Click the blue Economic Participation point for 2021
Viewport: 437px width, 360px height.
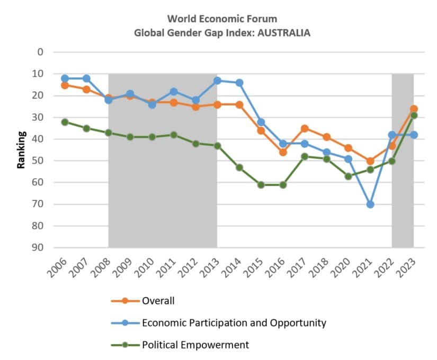pyautogui.click(x=370, y=204)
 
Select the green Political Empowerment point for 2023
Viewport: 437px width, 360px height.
pyautogui.click(x=414, y=115)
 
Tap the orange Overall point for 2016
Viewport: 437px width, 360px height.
pyautogui.click(x=283, y=152)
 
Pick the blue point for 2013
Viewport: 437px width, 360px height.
pyautogui.click(x=217, y=81)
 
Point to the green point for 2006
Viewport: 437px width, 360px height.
pyautogui.click(x=65, y=122)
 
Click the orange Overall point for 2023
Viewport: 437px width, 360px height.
pyautogui.click(x=414, y=109)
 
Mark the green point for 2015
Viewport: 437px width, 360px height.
pyautogui.click(x=261, y=185)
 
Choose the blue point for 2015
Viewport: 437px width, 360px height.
pyautogui.click(x=261, y=122)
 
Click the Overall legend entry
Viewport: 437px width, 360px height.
pyautogui.click(x=158, y=301)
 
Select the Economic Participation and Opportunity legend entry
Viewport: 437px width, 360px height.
pyautogui.click(x=234, y=322)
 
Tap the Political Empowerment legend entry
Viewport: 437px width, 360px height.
pyautogui.click(x=195, y=345)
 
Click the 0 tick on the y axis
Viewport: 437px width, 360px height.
pyautogui.click(x=40, y=52)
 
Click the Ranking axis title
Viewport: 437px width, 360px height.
pyautogui.click(x=22, y=150)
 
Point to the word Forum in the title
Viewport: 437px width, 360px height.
pyautogui.click(x=262, y=19)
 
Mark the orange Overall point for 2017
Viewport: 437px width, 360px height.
pyautogui.click(x=305, y=128)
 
